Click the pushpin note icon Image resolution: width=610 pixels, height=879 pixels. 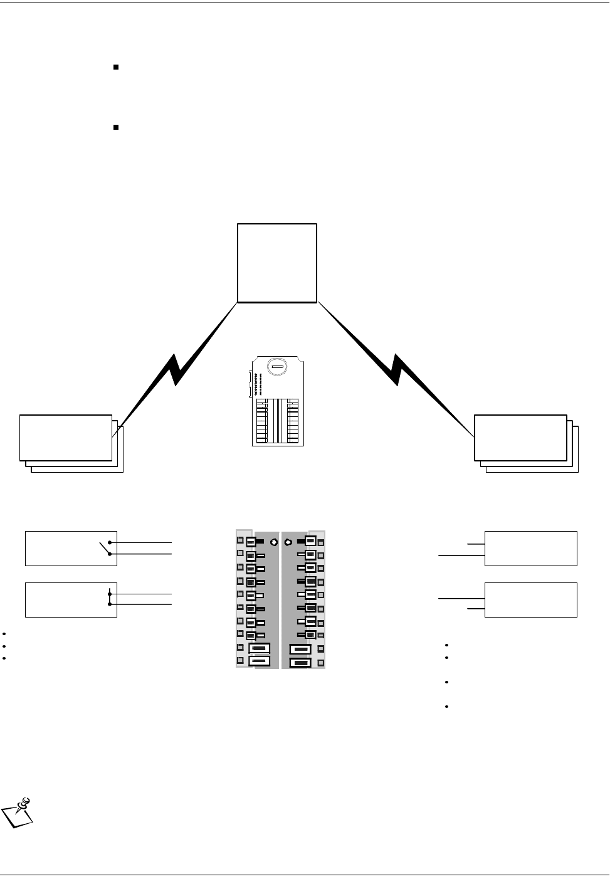pos(19,813)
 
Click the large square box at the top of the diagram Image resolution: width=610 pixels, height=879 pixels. pos(277,263)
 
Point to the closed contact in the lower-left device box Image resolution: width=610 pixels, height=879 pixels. pos(110,599)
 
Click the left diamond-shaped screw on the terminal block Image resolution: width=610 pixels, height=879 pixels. pos(273,541)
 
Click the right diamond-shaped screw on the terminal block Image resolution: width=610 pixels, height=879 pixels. pos(288,541)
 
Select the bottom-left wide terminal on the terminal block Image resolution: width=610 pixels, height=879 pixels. pos(259,661)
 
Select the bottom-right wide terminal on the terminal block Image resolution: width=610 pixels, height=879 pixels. pos(301,661)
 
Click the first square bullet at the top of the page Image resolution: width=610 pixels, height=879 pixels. pos(116,66)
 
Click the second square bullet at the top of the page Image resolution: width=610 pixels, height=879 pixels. pos(116,127)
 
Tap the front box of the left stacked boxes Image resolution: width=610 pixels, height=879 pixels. pos(65,438)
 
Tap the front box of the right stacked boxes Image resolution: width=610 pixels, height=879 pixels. pos(520,438)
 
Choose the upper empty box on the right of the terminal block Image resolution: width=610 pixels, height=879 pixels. pos(531,549)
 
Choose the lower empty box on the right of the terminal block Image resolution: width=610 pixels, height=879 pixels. pos(531,600)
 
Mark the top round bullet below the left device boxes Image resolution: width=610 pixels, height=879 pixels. pos(4,634)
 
